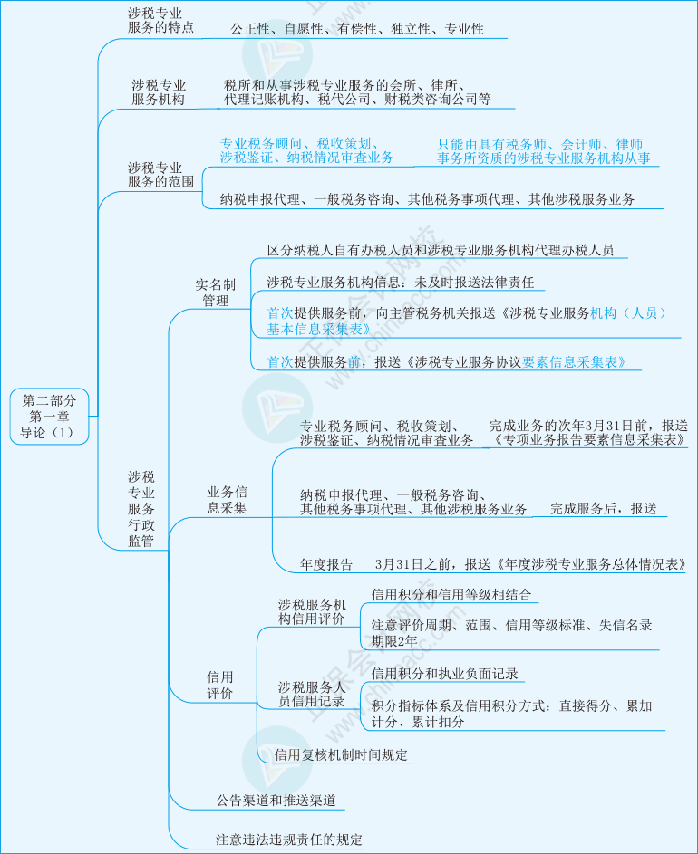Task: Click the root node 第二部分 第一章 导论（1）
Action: tap(49, 417)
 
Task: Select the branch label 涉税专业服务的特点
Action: tap(160, 20)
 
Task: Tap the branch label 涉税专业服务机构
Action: tap(158, 92)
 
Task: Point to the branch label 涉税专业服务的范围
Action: tap(160, 175)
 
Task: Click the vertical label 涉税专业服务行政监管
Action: tap(141, 509)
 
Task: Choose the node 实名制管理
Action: tap(216, 293)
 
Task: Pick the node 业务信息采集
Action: tap(227, 500)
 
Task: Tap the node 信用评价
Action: tap(219, 686)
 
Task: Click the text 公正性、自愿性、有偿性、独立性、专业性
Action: tap(357, 29)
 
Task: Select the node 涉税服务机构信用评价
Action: tap(311, 611)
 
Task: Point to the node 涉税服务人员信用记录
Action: tap(311, 694)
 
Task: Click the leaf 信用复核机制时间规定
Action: tap(342, 755)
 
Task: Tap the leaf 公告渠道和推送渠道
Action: tap(276, 801)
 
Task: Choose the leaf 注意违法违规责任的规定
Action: tap(289, 840)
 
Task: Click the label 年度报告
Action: tap(326, 564)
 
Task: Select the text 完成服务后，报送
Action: tap(603, 509)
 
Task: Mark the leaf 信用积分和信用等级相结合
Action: tap(451, 594)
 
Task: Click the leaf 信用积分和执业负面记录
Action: tap(444, 674)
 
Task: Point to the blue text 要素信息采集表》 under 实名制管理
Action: tap(574, 362)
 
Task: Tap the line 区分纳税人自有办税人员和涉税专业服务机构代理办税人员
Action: tap(441, 250)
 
